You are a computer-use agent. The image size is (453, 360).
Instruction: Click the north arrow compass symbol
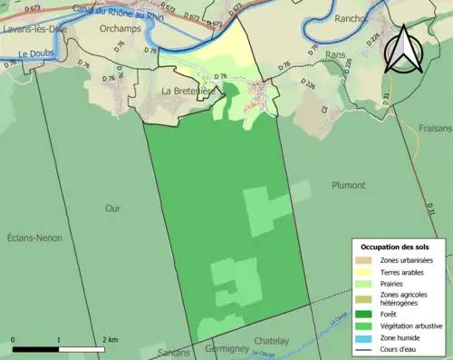[403, 49]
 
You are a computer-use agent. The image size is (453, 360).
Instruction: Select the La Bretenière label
[188, 91]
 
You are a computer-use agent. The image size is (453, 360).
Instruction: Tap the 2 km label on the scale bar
[111, 340]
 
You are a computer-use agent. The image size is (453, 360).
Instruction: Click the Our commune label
[112, 209]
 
